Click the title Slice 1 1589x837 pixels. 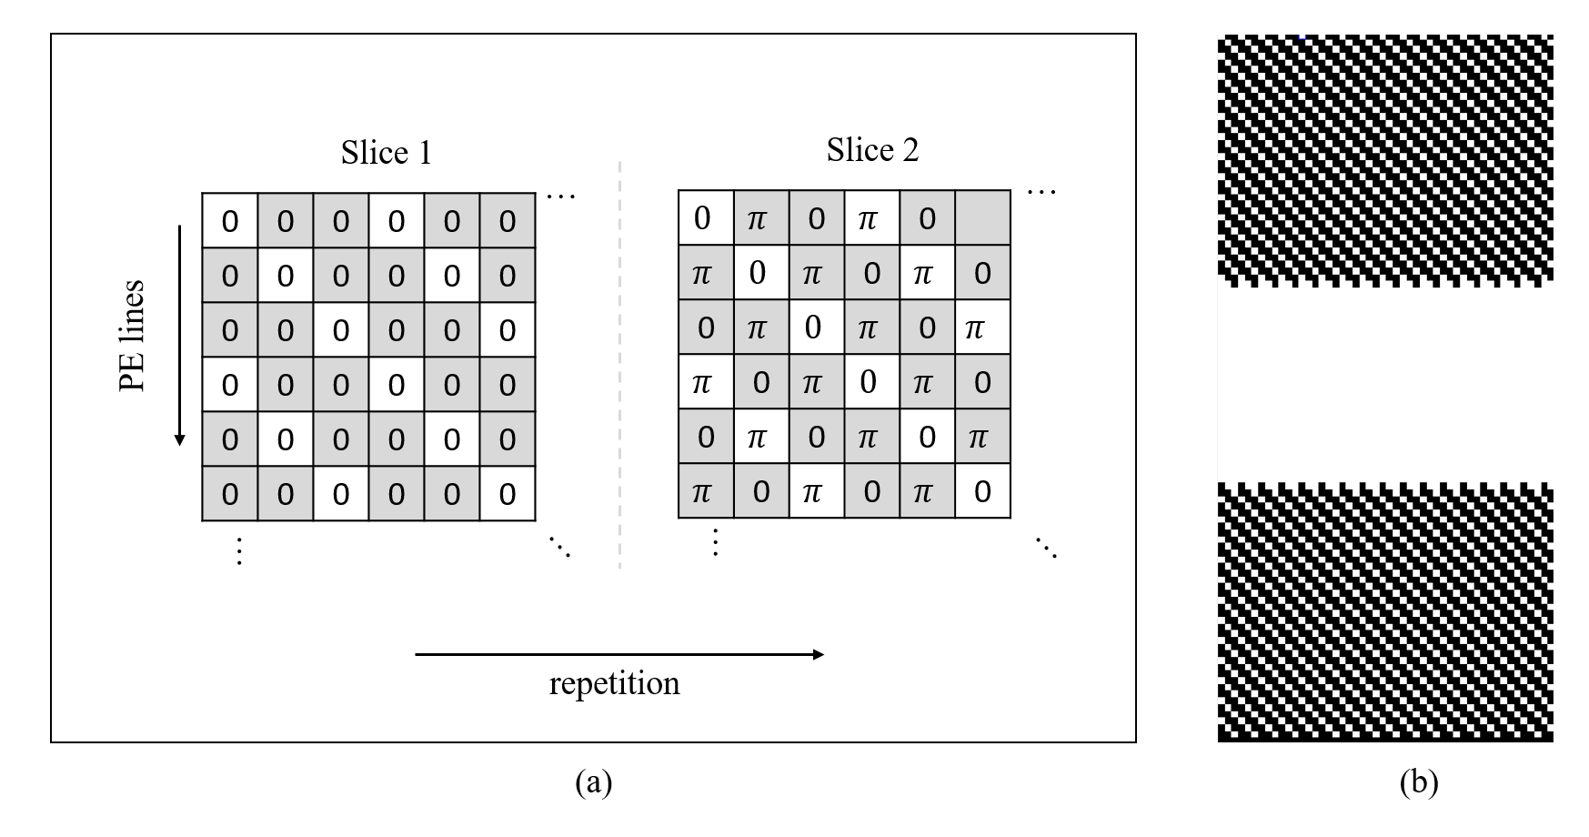(386, 152)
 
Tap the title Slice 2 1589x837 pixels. (872, 149)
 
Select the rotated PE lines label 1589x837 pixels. (133, 336)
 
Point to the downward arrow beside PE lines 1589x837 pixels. (180, 336)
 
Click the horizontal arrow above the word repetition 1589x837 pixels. (619, 654)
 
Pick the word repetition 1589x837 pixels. (614, 683)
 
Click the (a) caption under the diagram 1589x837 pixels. (594, 782)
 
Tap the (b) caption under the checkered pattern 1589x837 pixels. (1419, 782)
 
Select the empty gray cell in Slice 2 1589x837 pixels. (982, 218)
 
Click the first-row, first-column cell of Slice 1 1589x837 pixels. (230, 221)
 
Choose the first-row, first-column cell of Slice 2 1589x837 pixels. (706, 218)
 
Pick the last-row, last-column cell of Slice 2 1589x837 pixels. (982, 491)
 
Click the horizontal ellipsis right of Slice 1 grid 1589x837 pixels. (561, 196)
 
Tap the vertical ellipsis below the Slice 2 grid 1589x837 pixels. (716, 542)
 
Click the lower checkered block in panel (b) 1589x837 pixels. (1385, 612)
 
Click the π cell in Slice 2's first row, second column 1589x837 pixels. (761, 218)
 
